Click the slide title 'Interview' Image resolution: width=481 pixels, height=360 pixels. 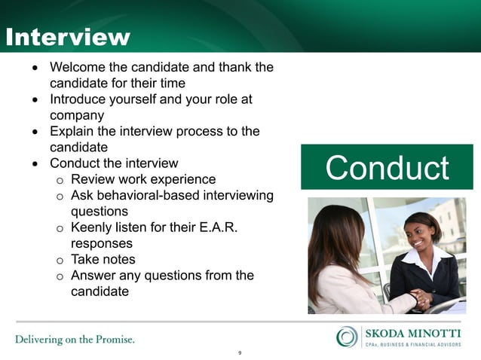[x=68, y=37]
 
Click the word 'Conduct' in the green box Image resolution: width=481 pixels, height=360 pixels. [x=386, y=168]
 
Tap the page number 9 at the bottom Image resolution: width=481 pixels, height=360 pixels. [x=240, y=352]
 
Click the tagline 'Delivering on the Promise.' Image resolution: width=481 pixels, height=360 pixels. [x=75, y=339]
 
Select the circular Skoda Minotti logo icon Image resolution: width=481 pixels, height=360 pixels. [x=348, y=336]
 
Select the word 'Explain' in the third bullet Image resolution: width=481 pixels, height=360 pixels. [x=72, y=131]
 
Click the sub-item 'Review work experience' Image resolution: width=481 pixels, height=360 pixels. [x=143, y=179]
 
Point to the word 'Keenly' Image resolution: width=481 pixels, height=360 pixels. [x=93, y=227]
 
